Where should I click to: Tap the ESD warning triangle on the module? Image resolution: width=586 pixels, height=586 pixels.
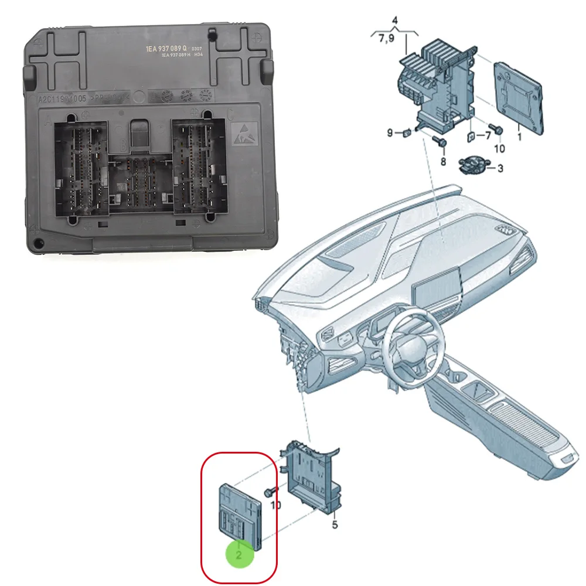[x=243, y=134]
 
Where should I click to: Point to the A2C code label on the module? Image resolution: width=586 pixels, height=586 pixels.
[x=62, y=99]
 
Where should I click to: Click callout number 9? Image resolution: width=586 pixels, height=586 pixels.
[x=389, y=133]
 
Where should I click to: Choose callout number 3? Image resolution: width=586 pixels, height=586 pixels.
[x=500, y=169]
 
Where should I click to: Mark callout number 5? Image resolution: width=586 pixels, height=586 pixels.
[x=335, y=525]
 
